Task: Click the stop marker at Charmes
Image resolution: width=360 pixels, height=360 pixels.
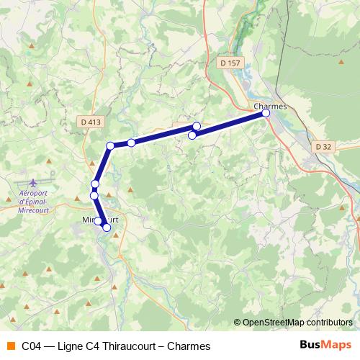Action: pos(266,113)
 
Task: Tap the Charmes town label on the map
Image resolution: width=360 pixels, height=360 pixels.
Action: pos(271,106)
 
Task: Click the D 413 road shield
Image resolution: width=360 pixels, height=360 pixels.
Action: pos(91,122)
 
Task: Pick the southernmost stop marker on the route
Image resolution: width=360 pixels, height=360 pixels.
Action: pos(107,228)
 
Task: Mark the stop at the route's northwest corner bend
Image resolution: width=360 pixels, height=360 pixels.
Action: pos(110,146)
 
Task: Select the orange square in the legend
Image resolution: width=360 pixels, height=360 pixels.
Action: pos(10,346)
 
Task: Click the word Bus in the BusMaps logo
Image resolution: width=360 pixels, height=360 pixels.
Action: pos(310,345)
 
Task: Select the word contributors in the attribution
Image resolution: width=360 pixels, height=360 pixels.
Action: pos(330,323)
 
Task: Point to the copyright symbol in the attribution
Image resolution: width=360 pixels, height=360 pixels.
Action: pos(238,323)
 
